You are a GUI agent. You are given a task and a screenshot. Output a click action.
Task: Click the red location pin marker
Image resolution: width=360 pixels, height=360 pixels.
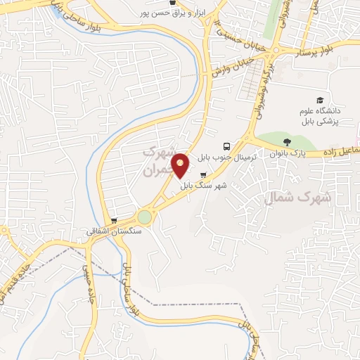pyautogui.click(x=181, y=165)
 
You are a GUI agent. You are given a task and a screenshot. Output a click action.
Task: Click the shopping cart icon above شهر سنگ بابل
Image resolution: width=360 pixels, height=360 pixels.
pyautogui.click(x=204, y=174)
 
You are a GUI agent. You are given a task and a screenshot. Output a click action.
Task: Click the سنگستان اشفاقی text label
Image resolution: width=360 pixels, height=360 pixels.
pyautogui.click(x=114, y=231)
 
